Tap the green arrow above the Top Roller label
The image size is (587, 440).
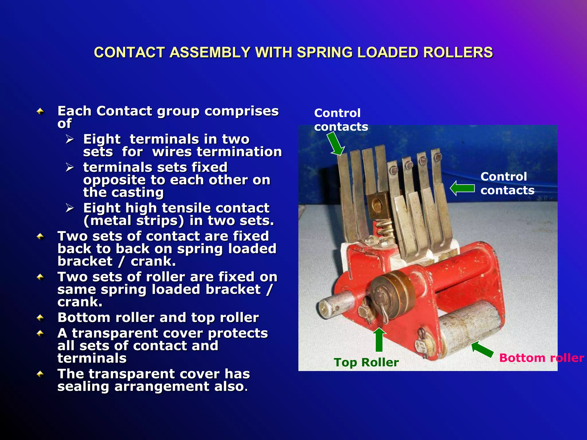pyautogui.click(x=379, y=339)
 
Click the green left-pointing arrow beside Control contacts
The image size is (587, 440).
pyautogui.click(x=462, y=188)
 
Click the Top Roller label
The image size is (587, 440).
pyautogui.click(x=366, y=362)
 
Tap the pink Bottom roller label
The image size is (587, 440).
pyautogui.click(x=541, y=358)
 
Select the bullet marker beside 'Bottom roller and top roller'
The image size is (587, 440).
pyautogui.click(x=40, y=318)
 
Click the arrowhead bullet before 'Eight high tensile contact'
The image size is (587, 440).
pyautogui.click(x=70, y=208)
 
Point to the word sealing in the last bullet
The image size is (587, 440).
pyautogui.click(x=83, y=386)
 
